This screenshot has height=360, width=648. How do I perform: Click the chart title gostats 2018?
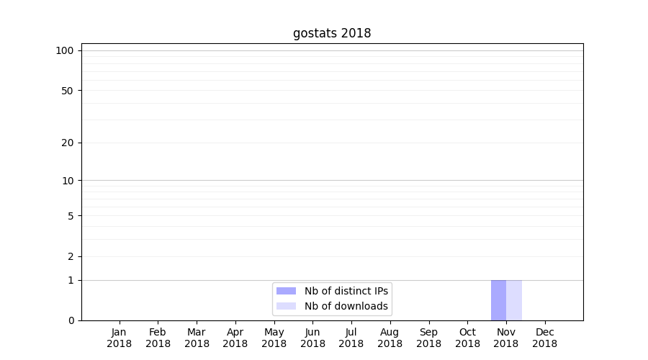(x=332, y=33)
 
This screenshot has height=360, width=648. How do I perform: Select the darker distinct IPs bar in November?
(x=498, y=300)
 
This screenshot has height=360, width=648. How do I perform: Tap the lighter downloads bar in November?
(x=514, y=300)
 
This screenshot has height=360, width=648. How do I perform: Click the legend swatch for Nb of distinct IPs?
(x=286, y=291)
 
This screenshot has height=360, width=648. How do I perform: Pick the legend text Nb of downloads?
(x=346, y=306)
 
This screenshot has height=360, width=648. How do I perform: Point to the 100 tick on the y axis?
(x=65, y=50)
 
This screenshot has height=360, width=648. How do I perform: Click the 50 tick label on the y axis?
(x=68, y=91)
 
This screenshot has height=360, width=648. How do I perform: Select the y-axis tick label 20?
(x=68, y=143)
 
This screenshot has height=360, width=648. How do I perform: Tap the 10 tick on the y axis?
(x=68, y=180)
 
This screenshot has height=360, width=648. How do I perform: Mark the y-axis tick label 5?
(x=71, y=215)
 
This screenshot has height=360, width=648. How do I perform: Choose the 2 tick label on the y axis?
(x=71, y=256)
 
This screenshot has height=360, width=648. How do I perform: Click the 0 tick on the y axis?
(x=71, y=320)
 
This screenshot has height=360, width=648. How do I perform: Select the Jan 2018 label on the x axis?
(x=119, y=338)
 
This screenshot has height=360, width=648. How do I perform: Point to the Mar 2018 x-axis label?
(x=197, y=338)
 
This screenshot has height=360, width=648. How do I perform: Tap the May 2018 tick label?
(x=274, y=338)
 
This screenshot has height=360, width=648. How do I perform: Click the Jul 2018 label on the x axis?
(x=351, y=338)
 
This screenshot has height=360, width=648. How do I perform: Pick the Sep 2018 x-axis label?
(x=428, y=338)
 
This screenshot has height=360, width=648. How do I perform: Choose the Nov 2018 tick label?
(x=506, y=338)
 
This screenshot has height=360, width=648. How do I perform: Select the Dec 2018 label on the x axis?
(x=544, y=338)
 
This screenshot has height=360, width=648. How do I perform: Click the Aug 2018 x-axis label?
(x=390, y=338)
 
